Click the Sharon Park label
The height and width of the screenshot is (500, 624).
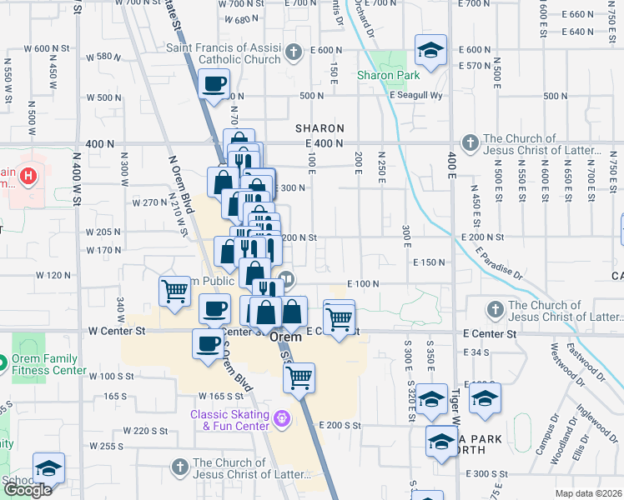pos(388,75)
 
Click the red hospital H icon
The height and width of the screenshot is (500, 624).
pos(28,177)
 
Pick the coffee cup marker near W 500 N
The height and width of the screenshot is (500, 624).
pos(214,84)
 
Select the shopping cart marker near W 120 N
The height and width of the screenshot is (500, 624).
pos(175,292)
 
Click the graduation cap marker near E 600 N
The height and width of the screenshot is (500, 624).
pos(430,51)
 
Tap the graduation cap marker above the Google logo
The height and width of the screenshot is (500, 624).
pos(49,468)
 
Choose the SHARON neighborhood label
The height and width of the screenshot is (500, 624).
pos(320,128)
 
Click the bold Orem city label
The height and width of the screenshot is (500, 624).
pos(285,337)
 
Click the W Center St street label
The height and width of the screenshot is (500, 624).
pos(117,331)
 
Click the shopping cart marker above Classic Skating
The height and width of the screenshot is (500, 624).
pos(299,378)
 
